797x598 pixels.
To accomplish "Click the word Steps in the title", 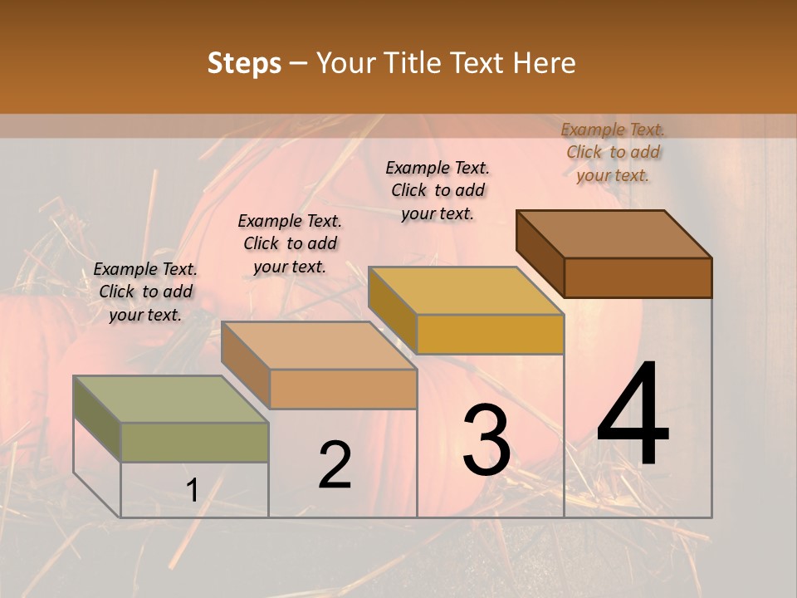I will coord(244,63).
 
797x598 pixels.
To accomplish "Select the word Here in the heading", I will coord(544,63).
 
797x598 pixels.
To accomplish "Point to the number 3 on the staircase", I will coord(487,441).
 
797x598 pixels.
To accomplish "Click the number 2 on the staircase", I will coord(335,465).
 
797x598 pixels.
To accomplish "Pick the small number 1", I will coord(192,491).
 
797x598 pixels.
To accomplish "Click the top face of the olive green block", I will coord(170,399).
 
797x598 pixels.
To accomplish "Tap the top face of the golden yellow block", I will coord(466,291).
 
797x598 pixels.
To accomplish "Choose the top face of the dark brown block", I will coord(614,234).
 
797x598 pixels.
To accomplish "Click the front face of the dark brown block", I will coord(638,277).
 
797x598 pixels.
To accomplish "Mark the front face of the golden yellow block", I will coord(490,334).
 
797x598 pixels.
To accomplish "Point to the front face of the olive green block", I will coord(194,442).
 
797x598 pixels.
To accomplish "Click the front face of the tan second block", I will coord(343,389).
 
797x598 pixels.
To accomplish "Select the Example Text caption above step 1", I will coord(145,292).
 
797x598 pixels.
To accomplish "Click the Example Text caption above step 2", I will coord(290,243).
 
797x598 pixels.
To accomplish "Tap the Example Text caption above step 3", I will coord(438,190).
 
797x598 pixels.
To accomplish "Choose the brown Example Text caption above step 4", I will coord(613,152).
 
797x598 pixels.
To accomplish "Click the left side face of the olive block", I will coord(97,419).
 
